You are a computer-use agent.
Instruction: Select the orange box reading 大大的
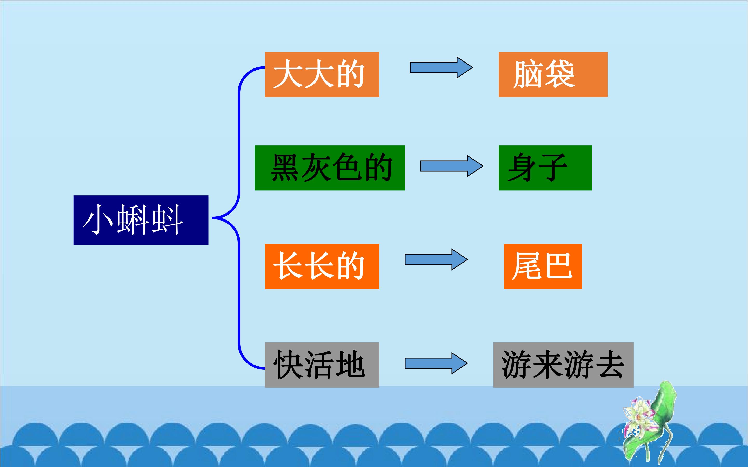coord(322,74)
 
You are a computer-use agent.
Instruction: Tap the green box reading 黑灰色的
coord(330,168)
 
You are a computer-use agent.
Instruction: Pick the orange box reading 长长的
coord(322,266)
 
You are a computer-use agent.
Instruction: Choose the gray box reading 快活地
coord(322,365)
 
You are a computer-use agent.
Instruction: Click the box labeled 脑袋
coord(553,74)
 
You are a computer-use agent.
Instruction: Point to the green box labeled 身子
coord(545,168)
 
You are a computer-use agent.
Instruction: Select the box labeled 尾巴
coord(543,266)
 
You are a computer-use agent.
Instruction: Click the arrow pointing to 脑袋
coord(441,67)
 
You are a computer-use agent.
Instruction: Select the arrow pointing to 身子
coord(452,166)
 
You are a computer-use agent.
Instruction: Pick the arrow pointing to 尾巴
coord(436,259)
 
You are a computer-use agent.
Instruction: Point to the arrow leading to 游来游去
coord(436,363)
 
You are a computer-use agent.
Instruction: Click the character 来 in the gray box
coord(548,365)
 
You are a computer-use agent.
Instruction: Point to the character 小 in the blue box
coord(98,219)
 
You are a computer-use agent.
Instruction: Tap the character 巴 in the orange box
coord(558,266)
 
